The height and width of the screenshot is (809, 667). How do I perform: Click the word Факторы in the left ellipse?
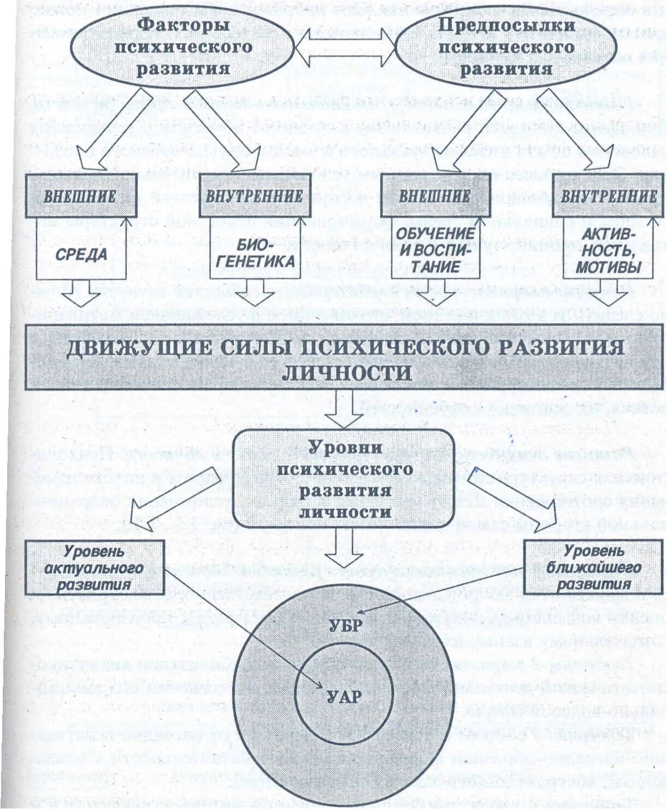coord(183,25)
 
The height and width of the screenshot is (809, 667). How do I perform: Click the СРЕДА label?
coord(81,254)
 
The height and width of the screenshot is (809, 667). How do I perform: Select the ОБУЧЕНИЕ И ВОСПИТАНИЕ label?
coord(435,250)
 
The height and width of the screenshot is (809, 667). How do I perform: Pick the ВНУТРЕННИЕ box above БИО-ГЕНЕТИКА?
coord(254,196)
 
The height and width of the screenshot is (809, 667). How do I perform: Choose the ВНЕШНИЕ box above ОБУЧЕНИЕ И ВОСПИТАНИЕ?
coord(435,196)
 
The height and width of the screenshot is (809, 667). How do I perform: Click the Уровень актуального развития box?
coord(94,568)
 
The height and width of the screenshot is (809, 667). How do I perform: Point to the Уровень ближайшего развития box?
coord(593,568)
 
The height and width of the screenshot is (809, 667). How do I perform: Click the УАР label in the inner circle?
coord(344,696)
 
